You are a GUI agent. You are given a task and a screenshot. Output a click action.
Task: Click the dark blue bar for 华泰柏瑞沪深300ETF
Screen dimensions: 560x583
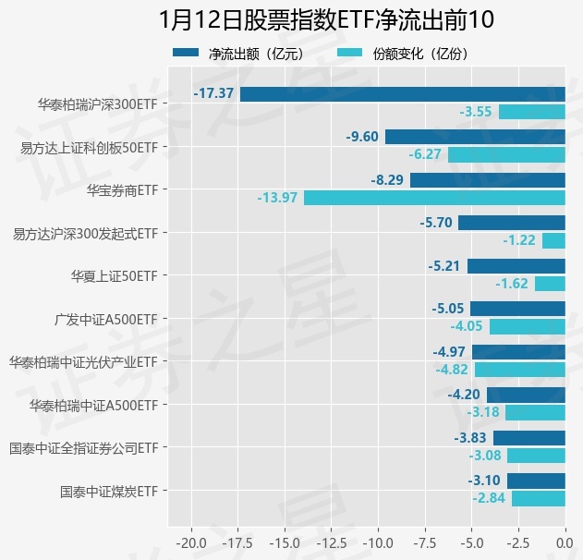point(402,93)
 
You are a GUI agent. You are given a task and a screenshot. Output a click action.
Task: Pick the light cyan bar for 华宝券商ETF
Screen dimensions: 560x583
point(434,198)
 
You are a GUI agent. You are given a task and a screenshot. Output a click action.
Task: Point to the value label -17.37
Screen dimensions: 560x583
point(213,93)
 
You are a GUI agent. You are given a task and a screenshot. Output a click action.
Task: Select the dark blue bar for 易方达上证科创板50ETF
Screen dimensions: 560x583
point(475,137)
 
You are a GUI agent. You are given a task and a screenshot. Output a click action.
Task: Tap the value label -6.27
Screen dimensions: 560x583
point(425,154)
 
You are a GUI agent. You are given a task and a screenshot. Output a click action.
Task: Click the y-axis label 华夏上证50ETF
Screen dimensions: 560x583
point(114,275)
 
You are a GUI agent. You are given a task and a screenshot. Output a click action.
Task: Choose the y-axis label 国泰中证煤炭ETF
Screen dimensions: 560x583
point(108,491)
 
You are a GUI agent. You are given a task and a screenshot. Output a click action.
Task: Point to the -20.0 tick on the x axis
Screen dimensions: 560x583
point(191,540)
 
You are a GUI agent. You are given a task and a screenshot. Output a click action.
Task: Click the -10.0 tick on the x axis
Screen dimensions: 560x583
point(378,540)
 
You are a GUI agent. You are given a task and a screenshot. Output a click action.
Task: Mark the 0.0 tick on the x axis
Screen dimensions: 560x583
point(565,540)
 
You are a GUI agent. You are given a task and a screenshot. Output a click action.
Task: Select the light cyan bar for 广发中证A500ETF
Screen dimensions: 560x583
point(527,326)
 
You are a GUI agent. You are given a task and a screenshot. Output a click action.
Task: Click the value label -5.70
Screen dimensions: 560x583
point(435,223)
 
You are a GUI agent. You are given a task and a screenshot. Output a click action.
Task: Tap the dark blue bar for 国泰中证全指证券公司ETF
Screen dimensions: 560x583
point(528,438)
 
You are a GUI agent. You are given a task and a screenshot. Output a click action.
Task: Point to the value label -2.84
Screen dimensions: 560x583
point(489,499)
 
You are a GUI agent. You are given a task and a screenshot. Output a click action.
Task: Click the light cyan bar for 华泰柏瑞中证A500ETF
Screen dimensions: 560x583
point(535,412)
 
